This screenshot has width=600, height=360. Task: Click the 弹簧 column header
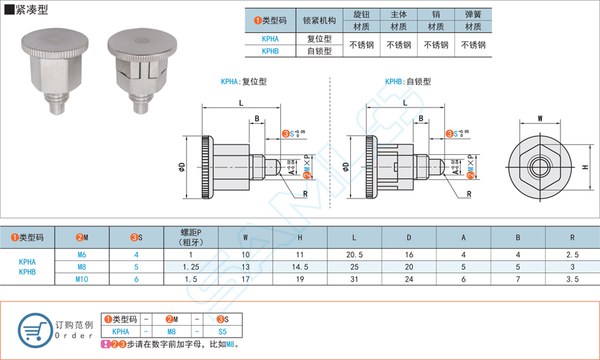pos(473,15)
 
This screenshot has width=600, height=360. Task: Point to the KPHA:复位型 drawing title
pos(243,82)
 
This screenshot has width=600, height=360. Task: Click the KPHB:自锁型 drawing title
pos(407,82)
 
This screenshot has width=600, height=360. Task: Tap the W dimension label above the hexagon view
pos(540,119)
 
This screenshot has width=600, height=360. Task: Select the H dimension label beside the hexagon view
pos(585,167)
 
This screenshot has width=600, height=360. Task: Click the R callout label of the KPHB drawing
pos(469,194)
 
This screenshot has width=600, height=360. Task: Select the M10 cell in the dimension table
pos(82,279)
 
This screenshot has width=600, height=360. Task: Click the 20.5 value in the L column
pos(354,255)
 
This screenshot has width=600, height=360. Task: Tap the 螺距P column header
pos(190,237)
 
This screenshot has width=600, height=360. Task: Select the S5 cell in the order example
pos(222,332)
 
